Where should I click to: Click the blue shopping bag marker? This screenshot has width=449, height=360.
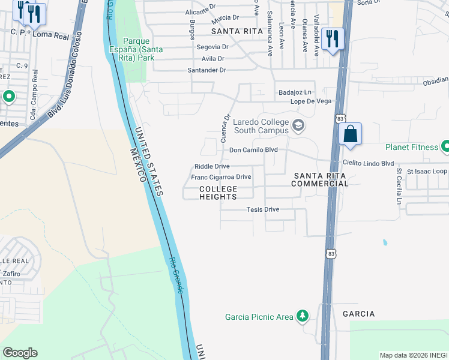click(x=351, y=134)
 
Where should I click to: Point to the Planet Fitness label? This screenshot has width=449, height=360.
click(x=412, y=146)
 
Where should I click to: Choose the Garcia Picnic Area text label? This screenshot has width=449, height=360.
click(x=259, y=317)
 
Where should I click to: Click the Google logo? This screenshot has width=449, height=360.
click(x=20, y=353)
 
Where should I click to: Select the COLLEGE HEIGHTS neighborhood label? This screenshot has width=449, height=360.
click(x=218, y=193)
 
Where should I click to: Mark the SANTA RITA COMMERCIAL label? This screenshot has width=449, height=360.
click(x=320, y=179)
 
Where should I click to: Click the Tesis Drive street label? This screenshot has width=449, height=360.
click(x=263, y=209)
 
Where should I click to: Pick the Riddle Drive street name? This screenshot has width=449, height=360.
click(x=212, y=166)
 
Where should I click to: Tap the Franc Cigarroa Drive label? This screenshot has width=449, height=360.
click(x=221, y=177)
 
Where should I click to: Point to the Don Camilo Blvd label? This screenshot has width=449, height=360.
click(x=253, y=149)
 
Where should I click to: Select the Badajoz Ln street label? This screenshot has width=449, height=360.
click(x=295, y=92)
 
